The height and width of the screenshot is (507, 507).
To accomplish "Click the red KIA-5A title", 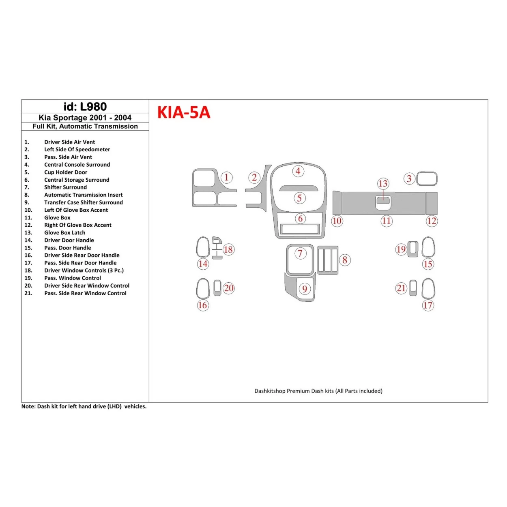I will [184, 112].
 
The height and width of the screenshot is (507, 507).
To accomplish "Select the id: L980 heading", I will [85, 107].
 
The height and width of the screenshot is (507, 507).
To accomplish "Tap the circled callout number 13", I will [383, 183].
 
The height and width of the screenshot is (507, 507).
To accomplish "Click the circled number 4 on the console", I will [298, 171].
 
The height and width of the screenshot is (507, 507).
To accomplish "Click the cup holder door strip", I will [298, 188].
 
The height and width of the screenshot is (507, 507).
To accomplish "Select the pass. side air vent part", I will [427, 179].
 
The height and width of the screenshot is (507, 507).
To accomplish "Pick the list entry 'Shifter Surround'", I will [65, 187].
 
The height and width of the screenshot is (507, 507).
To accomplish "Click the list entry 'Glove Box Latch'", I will [64, 233].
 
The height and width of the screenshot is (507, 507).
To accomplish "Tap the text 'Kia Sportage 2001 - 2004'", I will [85, 118].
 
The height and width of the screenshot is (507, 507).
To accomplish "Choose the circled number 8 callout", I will [345, 260].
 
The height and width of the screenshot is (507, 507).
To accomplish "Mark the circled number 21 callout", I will [401, 288].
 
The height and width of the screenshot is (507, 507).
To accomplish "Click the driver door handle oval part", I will [203, 247].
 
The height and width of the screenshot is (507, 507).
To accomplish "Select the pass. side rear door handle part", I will [428, 288].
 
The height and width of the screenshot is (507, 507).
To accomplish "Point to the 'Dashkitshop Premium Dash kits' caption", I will [318, 391].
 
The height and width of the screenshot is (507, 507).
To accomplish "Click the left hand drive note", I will [84, 406].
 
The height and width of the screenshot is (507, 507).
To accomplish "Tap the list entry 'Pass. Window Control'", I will [73, 278].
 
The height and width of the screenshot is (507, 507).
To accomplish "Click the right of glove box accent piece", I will [432, 203].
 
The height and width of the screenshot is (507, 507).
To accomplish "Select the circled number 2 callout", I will [254, 177].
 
